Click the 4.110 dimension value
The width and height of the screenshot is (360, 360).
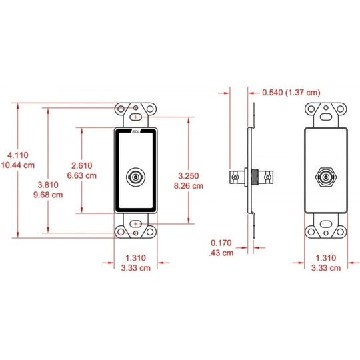(18, 155)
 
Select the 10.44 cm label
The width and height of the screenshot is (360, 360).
(18, 165)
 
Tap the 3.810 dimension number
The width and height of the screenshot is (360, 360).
(48, 185)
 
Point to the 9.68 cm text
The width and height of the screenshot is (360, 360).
(48, 195)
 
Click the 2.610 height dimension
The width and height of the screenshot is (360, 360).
(82, 165)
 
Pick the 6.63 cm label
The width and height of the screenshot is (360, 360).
(82, 175)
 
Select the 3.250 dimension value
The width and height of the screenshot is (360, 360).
(189, 175)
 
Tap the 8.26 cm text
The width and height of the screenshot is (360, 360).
(189, 186)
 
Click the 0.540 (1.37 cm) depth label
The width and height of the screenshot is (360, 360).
(291, 92)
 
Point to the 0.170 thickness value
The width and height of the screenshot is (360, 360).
(221, 243)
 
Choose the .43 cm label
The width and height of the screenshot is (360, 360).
(221, 253)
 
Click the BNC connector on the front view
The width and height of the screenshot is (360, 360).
(136, 177)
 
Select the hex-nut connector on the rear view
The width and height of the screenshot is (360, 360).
(326, 177)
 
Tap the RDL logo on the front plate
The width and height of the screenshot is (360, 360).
(136, 131)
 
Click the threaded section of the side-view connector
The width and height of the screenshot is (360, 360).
(255, 177)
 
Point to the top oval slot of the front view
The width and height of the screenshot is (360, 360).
(136, 117)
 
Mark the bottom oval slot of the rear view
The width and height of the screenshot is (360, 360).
(326, 224)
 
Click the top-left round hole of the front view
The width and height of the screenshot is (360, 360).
(121, 109)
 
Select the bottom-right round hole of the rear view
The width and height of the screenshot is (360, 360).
(340, 231)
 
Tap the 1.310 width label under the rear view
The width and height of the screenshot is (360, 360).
(326, 257)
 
